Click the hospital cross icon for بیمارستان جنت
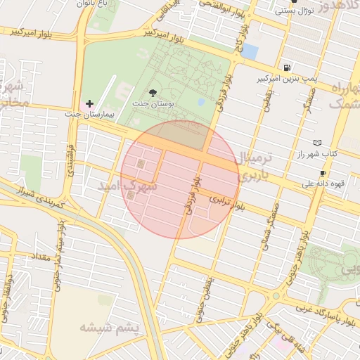click(89, 103)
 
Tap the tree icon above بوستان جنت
click(154, 92)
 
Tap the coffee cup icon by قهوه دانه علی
click(323, 173)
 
